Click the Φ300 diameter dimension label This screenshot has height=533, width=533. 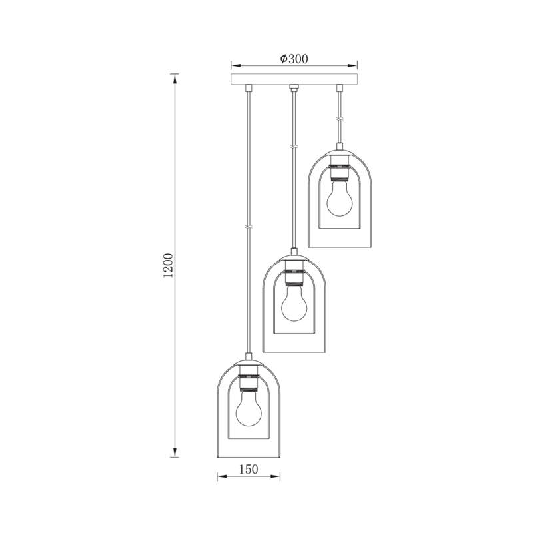click(294, 59)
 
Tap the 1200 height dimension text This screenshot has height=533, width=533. click(168, 265)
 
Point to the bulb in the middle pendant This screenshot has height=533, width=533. click(294, 304)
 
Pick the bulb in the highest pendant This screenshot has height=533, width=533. click(340, 198)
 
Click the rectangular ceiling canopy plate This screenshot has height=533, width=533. click(294, 79)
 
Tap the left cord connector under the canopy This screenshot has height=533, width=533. click(249, 88)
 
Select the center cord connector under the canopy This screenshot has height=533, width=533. click(294, 88)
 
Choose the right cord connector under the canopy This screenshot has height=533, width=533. click(339, 88)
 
